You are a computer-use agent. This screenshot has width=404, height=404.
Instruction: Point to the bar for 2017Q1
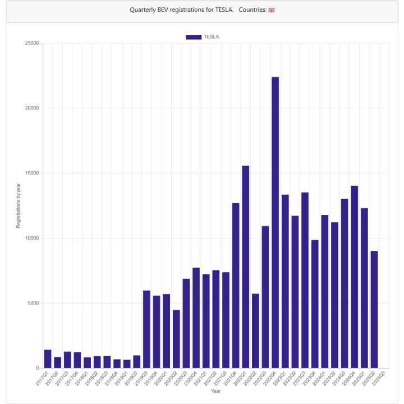(x=48, y=359)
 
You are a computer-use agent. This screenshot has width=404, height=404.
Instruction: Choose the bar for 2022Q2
(x=255, y=330)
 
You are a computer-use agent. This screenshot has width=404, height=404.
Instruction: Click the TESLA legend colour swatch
(x=194, y=37)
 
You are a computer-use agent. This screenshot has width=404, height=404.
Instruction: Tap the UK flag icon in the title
(x=272, y=10)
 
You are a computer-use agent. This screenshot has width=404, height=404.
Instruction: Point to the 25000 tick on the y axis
(x=32, y=43)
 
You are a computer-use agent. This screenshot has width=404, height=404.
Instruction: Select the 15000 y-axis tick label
(x=32, y=173)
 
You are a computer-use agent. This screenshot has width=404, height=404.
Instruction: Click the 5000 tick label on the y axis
(x=34, y=303)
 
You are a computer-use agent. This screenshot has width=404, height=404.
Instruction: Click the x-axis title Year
(x=215, y=391)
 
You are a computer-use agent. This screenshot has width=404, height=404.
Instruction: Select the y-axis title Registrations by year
(x=18, y=205)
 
